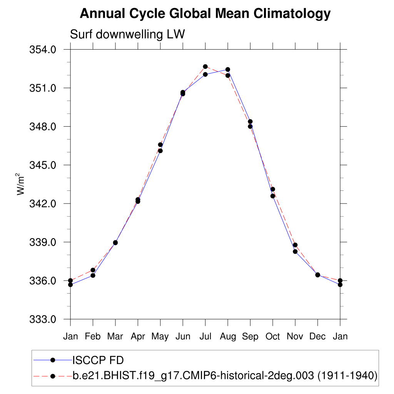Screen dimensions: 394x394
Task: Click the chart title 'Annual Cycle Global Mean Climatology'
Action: point(205,14)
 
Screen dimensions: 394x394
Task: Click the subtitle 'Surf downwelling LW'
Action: point(127,35)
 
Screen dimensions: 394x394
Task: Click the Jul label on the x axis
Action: point(205,337)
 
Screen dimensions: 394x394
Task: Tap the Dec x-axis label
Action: point(317,337)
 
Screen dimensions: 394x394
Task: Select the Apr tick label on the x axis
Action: point(138,337)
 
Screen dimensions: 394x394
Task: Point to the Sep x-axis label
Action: point(250,337)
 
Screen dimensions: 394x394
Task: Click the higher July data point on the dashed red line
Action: point(205,67)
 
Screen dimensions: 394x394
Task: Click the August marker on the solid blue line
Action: point(228,70)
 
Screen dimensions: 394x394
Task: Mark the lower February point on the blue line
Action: point(93,275)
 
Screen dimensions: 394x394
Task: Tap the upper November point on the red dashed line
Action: point(295,245)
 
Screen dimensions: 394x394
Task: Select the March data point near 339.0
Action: point(115,243)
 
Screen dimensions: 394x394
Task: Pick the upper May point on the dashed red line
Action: point(160,145)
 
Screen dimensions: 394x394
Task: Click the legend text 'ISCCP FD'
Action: point(98,360)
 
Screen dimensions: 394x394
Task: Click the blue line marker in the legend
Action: point(53,360)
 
